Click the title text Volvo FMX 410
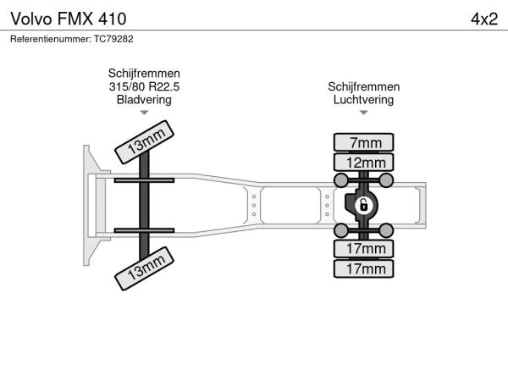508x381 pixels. coord(69,19)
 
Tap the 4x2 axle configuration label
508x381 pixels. coord(484,19)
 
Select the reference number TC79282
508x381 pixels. coord(113,39)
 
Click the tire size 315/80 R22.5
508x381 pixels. coord(144,87)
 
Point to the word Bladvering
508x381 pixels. coord(144,100)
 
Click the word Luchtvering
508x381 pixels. coord(363,100)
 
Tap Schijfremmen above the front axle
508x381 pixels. coord(144,74)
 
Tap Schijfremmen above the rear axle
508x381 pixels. coord(363,87)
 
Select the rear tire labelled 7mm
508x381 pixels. coord(363,142)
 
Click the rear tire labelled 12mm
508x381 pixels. coord(363,163)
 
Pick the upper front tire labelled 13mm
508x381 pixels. coord(145,142)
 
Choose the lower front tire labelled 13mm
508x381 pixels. coord(145,268)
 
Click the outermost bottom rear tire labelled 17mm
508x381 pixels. coord(363,268)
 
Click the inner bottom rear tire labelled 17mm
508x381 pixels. coord(363,249)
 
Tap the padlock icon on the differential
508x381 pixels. coord(363,206)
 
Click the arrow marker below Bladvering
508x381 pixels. coord(144,113)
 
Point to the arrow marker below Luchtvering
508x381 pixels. coord(363,113)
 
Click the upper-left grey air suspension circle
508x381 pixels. coord(341,180)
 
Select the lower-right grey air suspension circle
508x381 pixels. coord(386,230)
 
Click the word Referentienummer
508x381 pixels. coord(51,39)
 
